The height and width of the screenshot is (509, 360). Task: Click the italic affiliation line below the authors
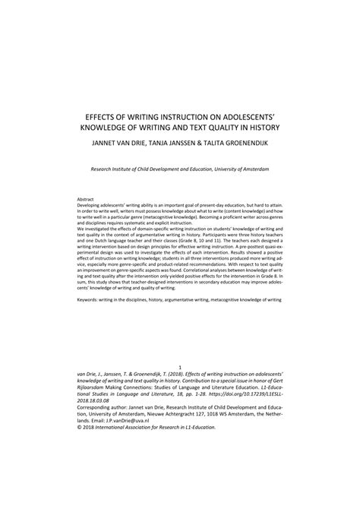[179, 169]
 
